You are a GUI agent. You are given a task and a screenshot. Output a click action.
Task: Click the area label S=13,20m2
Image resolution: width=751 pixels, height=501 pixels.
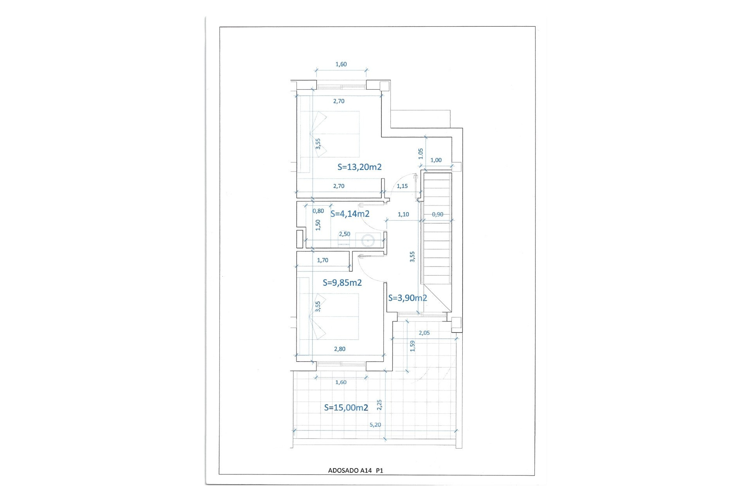(x=359, y=167)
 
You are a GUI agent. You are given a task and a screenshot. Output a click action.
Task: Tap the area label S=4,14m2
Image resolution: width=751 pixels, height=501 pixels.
(x=350, y=214)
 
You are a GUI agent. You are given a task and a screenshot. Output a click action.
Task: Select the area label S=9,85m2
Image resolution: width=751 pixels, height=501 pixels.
(x=342, y=283)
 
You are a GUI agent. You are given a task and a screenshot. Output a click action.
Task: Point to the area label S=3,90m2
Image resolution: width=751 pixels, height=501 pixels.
(x=408, y=298)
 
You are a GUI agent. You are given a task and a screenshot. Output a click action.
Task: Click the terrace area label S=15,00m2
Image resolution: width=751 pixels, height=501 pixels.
(x=346, y=407)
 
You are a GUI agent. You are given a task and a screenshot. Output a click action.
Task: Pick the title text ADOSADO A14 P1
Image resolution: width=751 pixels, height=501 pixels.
(x=355, y=471)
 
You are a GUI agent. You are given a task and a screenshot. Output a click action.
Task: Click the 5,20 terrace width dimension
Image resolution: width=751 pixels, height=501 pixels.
(x=375, y=425)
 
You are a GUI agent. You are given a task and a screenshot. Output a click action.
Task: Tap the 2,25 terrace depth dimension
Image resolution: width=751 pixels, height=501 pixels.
(x=379, y=405)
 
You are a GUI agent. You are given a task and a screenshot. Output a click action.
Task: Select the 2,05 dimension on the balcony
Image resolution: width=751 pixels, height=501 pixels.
(x=424, y=333)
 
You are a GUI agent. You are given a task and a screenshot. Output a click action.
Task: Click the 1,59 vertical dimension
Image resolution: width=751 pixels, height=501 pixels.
(x=412, y=346)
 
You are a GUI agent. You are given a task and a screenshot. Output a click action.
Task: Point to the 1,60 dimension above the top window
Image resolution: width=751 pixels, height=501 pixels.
(x=341, y=64)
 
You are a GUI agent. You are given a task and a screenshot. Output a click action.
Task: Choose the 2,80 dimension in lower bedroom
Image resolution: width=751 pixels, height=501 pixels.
(x=340, y=349)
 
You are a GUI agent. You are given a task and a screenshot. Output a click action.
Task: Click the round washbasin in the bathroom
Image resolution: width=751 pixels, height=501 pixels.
(x=368, y=240)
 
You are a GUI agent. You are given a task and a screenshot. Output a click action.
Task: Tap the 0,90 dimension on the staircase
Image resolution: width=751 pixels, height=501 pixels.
(x=438, y=214)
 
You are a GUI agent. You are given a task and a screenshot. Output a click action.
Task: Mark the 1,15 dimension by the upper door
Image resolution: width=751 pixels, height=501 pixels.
(x=402, y=186)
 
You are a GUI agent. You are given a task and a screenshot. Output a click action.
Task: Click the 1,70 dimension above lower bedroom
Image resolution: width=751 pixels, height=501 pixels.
(x=323, y=260)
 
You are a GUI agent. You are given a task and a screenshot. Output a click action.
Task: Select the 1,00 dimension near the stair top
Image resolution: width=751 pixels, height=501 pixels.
(x=436, y=160)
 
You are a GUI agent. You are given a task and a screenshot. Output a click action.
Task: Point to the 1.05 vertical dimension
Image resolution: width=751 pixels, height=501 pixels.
(x=421, y=153)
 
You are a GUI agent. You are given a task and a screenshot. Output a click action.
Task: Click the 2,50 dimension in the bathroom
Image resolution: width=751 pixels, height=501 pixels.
(x=345, y=234)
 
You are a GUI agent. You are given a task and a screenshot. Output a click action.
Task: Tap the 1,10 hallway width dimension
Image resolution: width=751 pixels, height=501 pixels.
(x=403, y=214)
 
